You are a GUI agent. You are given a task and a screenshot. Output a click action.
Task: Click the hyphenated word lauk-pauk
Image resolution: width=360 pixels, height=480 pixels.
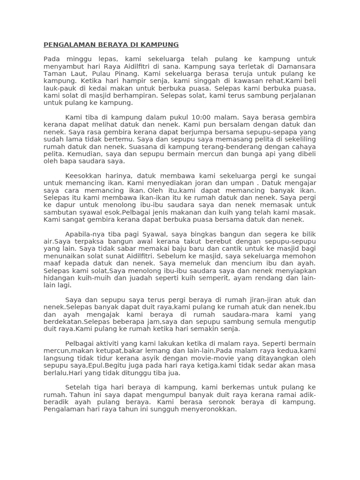tap(59, 88)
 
